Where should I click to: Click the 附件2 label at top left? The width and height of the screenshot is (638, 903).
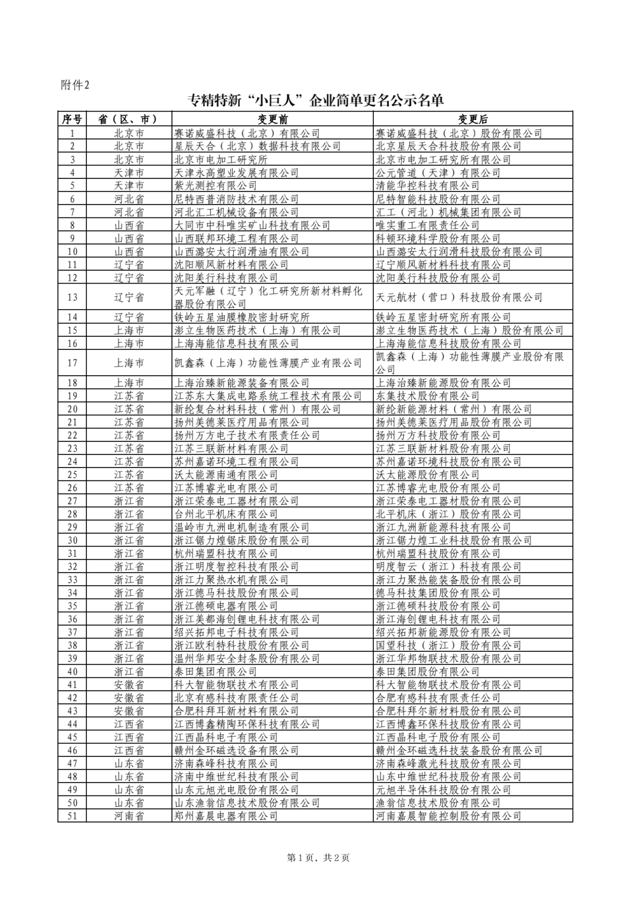[x=75, y=85]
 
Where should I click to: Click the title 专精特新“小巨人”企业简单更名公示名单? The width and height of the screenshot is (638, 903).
[x=315, y=100]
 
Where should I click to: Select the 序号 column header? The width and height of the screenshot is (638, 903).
[x=72, y=119]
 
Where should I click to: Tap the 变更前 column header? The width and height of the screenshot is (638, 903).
[x=272, y=119]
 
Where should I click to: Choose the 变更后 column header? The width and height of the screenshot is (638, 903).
[x=473, y=119]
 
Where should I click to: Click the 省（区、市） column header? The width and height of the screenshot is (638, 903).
[x=129, y=119]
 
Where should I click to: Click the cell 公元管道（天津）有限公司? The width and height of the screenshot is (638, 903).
[x=438, y=173]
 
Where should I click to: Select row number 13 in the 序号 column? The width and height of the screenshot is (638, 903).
[x=72, y=297]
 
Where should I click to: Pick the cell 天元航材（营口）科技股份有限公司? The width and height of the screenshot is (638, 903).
[x=459, y=297]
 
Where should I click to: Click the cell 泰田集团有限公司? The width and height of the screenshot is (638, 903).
[x=216, y=672]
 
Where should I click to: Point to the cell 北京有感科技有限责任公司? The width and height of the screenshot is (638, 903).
[x=236, y=698]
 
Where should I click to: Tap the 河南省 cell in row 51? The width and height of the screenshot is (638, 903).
[x=129, y=816]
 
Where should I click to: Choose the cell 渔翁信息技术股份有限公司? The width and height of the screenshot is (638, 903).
[x=438, y=803]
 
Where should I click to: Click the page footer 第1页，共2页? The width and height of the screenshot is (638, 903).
[x=318, y=857]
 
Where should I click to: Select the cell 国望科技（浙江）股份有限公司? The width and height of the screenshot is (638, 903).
[x=448, y=645]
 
